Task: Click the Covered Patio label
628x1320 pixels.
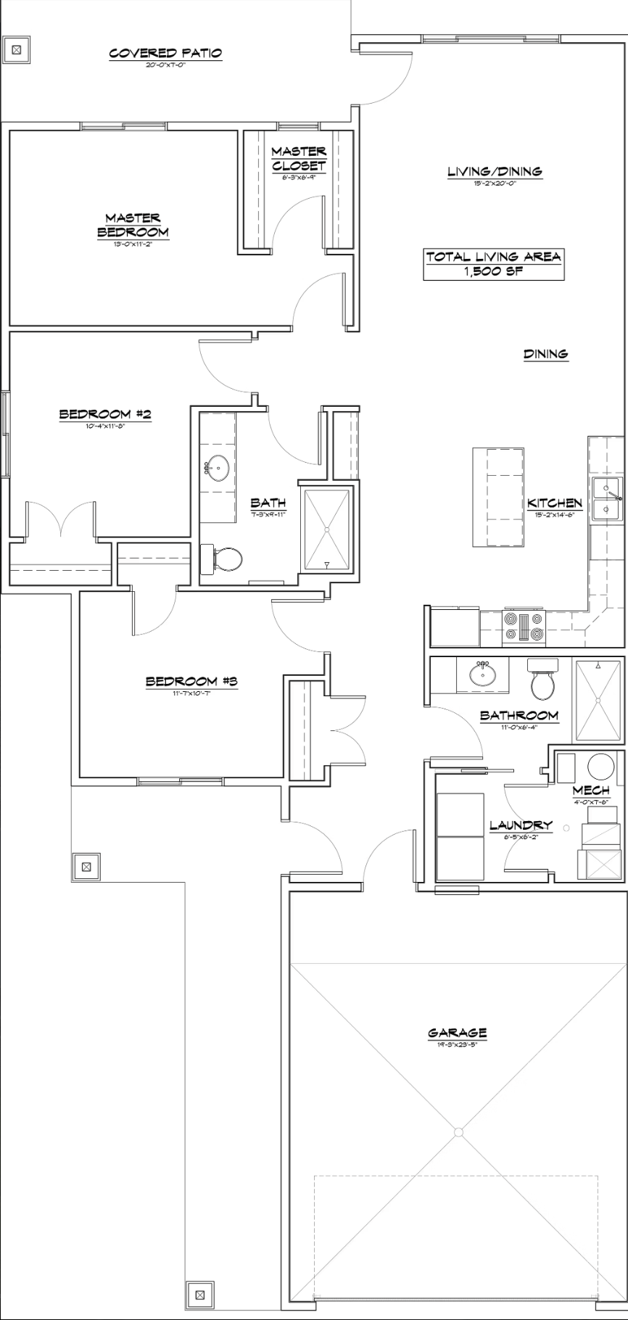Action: coord(165,53)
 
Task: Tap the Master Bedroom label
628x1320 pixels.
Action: coord(133,225)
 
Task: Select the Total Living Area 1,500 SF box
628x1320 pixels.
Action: coord(493,264)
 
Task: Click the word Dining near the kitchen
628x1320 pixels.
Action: coord(545,354)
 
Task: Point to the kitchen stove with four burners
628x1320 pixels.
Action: coord(523,627)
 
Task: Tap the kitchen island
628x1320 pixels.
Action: coord(498,498)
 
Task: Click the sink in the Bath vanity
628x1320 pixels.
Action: coord(217,469)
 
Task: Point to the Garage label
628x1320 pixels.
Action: coord(457,1033)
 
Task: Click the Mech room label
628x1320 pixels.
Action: coord(590,790)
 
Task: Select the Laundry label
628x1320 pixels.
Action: coord(521,825)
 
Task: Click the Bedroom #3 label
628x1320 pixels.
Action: coord(191,681)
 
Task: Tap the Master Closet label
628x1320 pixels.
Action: coord(299,158)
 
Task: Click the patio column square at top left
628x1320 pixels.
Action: coord(17,50)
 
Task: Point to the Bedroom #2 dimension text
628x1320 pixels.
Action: coord(105,426)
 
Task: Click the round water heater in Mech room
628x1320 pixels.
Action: coord(600,767)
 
